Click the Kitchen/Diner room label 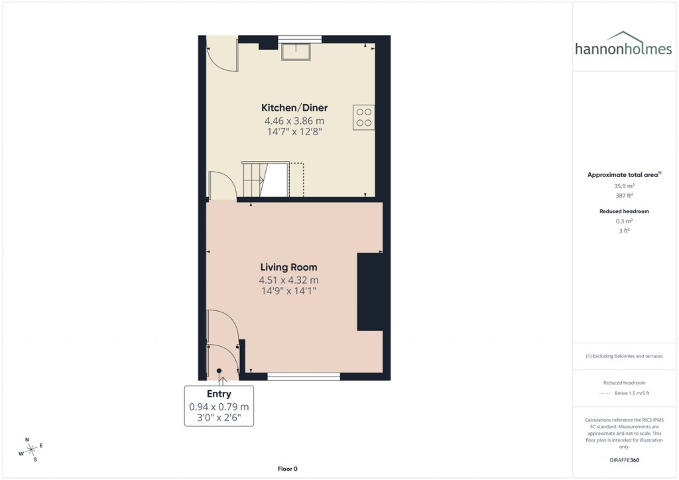click(x=294, y=108)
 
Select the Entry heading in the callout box click(x=219, y=394)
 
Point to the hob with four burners click(x=364, y=117)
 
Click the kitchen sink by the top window click(x=295, y=51)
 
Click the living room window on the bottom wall click(x=304, y=376)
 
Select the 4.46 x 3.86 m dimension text click(x=294, y=121)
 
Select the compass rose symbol click(x=31, y=450)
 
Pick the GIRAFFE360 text click(x=624, y=460)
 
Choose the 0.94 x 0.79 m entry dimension click(x=219, y=406)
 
